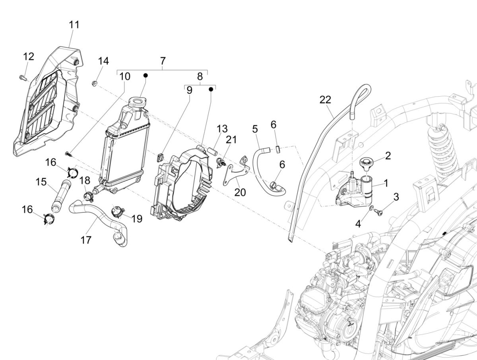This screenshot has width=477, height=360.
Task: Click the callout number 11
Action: [74, 25]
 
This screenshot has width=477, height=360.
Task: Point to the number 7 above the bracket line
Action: [162, 61]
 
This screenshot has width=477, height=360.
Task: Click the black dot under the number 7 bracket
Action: [145, 75]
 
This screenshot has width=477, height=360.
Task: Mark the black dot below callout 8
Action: [211, 90]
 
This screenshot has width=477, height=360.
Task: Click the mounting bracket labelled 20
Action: [235, 171]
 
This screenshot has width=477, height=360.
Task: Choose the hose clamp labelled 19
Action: [116, 211]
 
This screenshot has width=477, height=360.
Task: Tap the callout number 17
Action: [86, 240]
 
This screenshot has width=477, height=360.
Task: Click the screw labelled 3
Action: [379, 212]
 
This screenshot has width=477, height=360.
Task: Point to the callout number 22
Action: [325, 100]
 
